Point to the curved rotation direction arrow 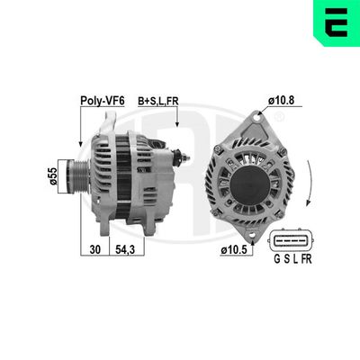(x=309, y=184)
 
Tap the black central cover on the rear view (x=250, y=185)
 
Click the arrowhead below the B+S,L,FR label (x=178, y=125)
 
